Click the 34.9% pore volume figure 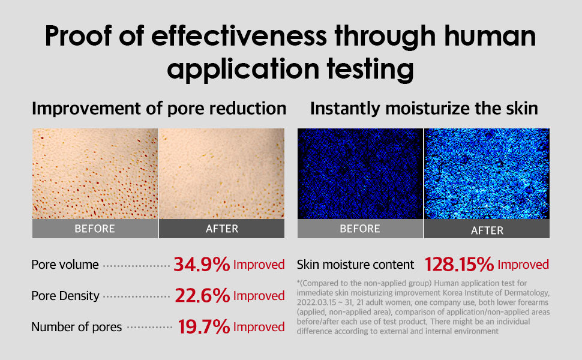pyautogui.click(x=202, y=265)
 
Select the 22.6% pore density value pyautogui.click(x=202, y=296)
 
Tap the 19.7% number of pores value pyautogui.click(x=204, y=327)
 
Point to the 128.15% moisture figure pyautogui.click(x=459, y=265)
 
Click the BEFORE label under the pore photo pyautogui.click(x=95, y=229)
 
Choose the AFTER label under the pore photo pyautogui.click(x=222, y=229)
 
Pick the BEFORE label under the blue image pyautogui.click(x=360, y=229)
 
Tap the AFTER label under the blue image pyautogui.click(x=487, y=230)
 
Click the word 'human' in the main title pyautogui.click(x=490, y=36)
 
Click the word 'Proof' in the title pyautogui.click(x=79, y=36)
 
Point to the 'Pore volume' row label pyautogui.click(x=65, y=265)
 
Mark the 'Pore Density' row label pyautogui.click(x=65, y=296)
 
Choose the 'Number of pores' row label pyautogui.click(x=76, y=327)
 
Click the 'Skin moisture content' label pyautogui.click(x=355, y=265)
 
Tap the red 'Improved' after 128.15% pyautogui.click(x=523, y=265)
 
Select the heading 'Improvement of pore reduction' pyautogui.click(x=159, y=109)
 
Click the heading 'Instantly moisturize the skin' pyautogui.click(x=424, y=109)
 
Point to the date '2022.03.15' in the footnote pyautogui.click(x=317, y=302)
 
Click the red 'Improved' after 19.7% pyautogui.click(x=259, y=327)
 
